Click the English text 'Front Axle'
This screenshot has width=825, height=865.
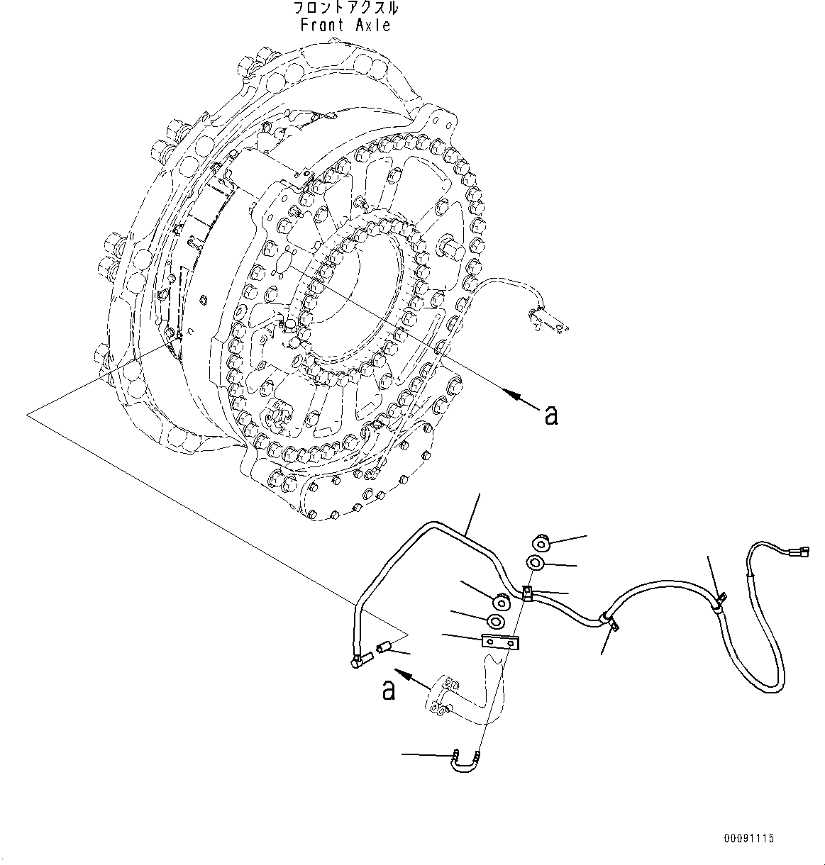[345, 26]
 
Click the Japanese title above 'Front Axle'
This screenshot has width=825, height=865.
[345, 9]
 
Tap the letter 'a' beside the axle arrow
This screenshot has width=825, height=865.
[550, 415]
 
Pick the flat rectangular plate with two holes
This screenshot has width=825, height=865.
[501, 642]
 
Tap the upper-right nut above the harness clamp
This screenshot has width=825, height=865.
[542, 544]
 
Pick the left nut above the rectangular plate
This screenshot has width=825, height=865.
[502, 603]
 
